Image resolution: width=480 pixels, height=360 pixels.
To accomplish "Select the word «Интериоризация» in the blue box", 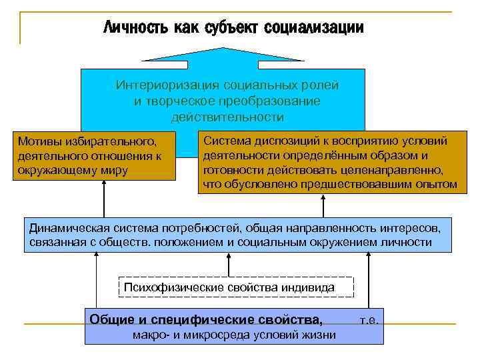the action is (x=169, y=85).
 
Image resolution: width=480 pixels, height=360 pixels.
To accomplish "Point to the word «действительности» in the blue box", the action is (x=227, y=117).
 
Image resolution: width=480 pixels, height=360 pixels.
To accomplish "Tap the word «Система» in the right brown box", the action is (x=227, y=141).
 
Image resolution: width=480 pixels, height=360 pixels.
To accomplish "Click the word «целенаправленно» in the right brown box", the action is (x=404, y=169).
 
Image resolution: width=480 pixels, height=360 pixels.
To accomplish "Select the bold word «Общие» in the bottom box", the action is (x=110, y=319).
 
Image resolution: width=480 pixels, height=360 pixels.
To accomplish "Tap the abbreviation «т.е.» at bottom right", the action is (x=369, y=320).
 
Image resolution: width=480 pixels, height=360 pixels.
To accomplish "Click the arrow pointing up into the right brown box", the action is (x=325, y=203).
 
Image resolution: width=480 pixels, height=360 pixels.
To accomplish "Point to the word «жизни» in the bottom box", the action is (x=321, y=335).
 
